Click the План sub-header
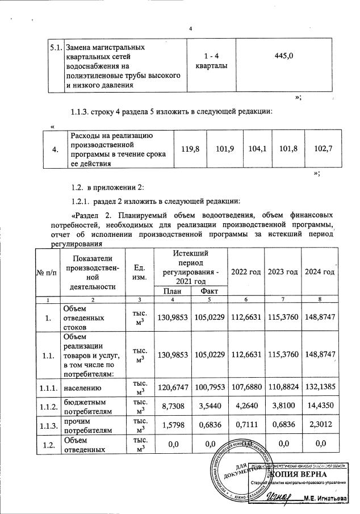click(171, 291)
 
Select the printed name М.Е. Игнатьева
click(325, 498)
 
